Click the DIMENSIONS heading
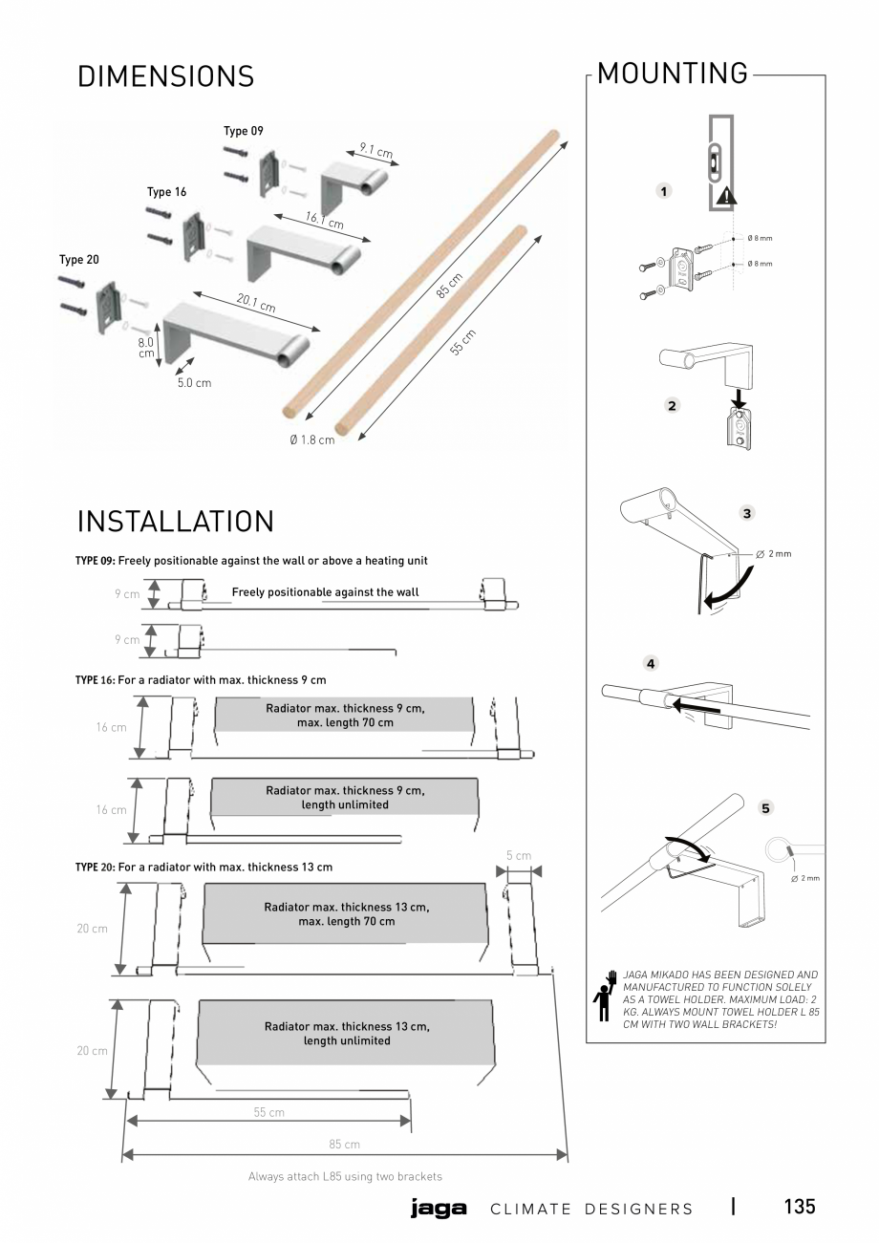tap(165, 76)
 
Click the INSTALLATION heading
tap(175, 522)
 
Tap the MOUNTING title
tap(673, 73)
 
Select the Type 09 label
tap(243, 131)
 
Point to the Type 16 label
tap(166, 192)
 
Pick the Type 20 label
tap(78, 259)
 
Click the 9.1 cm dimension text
tap(375, 151)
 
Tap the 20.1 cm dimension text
tap(256, 304)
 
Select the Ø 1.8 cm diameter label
tap(311, 439)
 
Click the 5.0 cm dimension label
tap(194, 383)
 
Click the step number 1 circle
tap(664, 191)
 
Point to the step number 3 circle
tap(747, 513)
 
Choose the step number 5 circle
tap(764, 808)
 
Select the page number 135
tap(799, 1206)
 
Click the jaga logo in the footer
tap(438, 1208)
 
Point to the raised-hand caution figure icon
tap(604, 996)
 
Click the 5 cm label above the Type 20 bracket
tap(518, 855)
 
